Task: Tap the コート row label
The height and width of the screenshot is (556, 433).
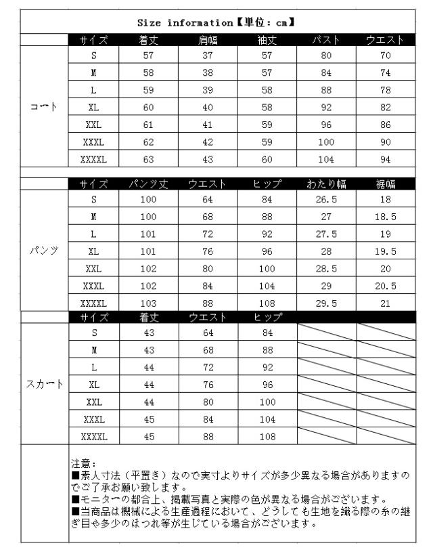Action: coord(45,107)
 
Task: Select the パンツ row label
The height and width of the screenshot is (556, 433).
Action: coord(45,250)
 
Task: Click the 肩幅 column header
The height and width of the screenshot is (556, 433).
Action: coord(208,40)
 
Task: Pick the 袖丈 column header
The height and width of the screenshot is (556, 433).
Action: coord(267,40)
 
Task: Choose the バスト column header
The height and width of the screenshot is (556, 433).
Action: coord(326,40)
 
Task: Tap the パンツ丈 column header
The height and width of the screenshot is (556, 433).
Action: coord(148,184)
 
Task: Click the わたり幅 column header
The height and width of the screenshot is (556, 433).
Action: coord(326,184)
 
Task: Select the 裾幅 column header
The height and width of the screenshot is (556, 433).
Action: coord(386,184)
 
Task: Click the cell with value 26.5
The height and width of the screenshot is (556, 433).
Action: coord(326,200)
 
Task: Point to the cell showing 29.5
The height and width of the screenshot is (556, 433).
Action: coord(326,302)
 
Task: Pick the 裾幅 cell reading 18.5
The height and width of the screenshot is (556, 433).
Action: coord(386,217)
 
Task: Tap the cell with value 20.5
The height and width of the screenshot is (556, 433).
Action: coord(386,285)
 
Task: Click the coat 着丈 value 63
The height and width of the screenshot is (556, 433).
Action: coord(148,159)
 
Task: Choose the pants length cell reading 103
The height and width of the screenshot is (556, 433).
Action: coord(148,302)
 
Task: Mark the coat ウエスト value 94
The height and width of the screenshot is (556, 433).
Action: coord(386,159)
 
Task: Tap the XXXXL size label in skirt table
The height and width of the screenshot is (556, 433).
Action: coord(93,436)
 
